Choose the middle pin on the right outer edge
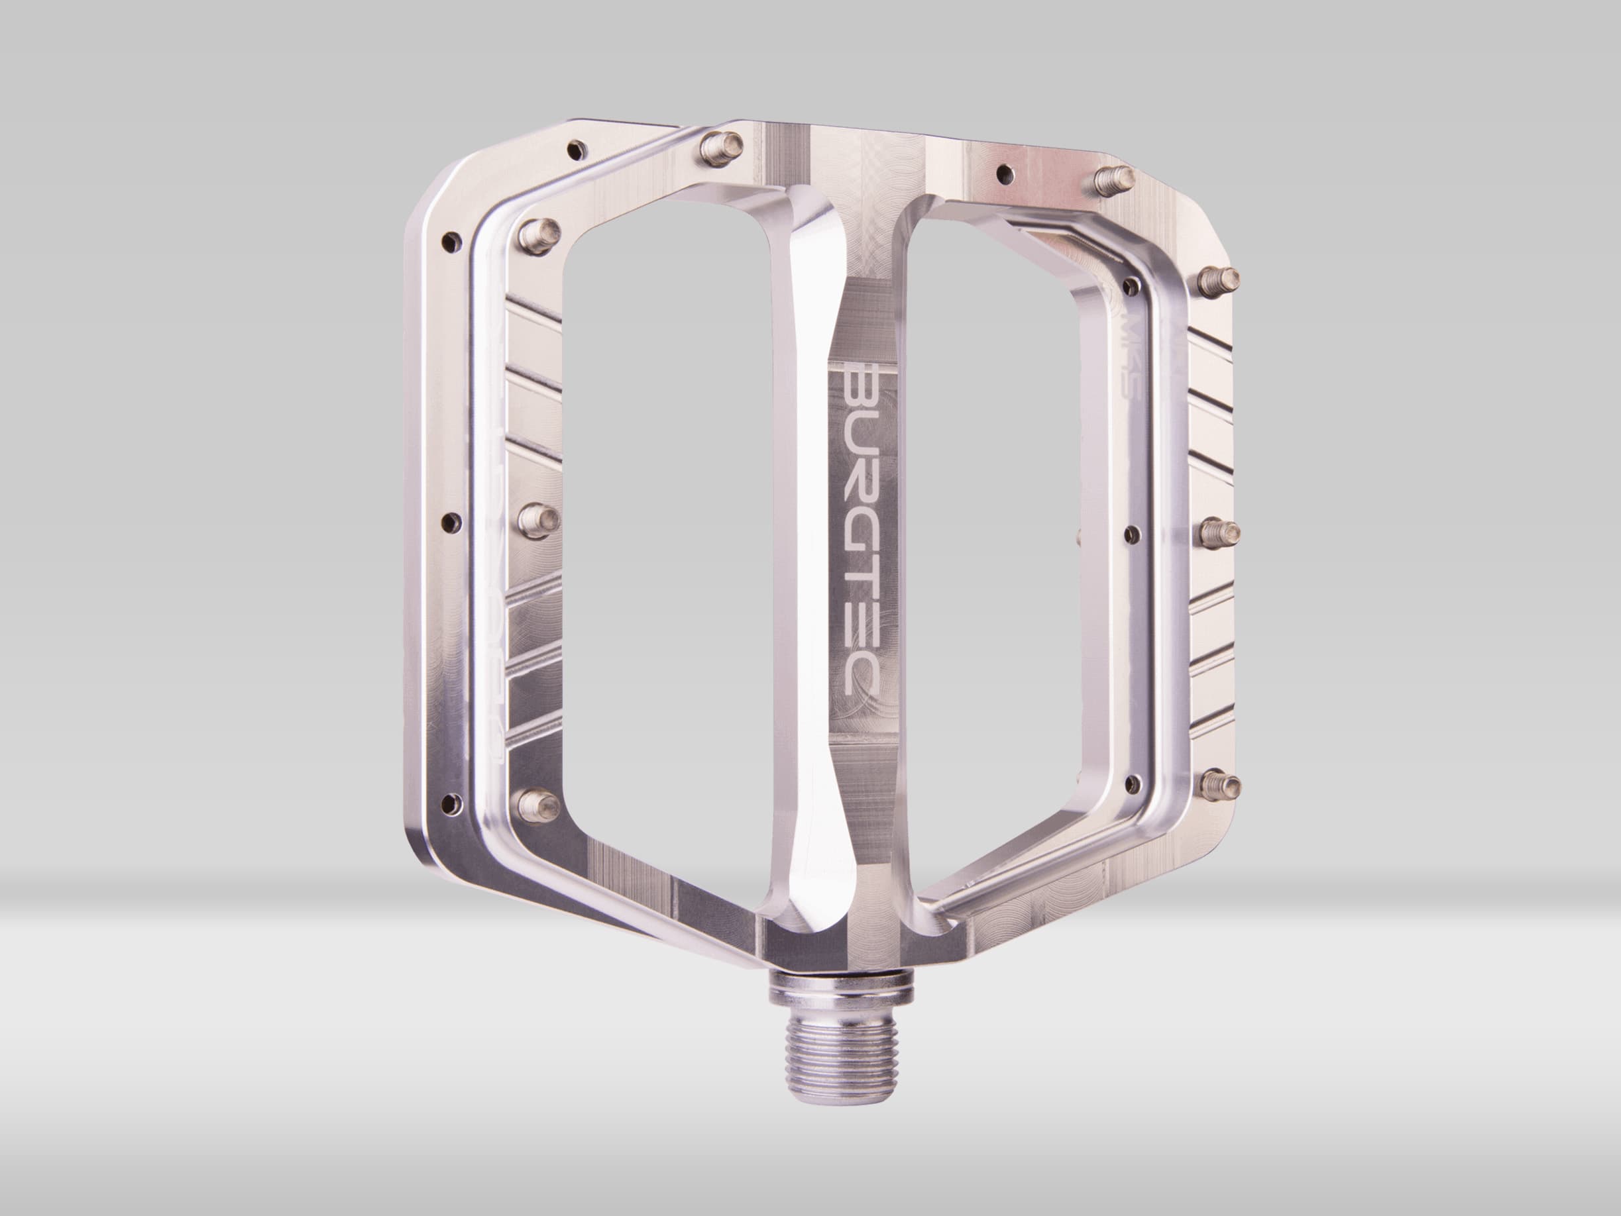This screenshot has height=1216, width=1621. coord(1224,530)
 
